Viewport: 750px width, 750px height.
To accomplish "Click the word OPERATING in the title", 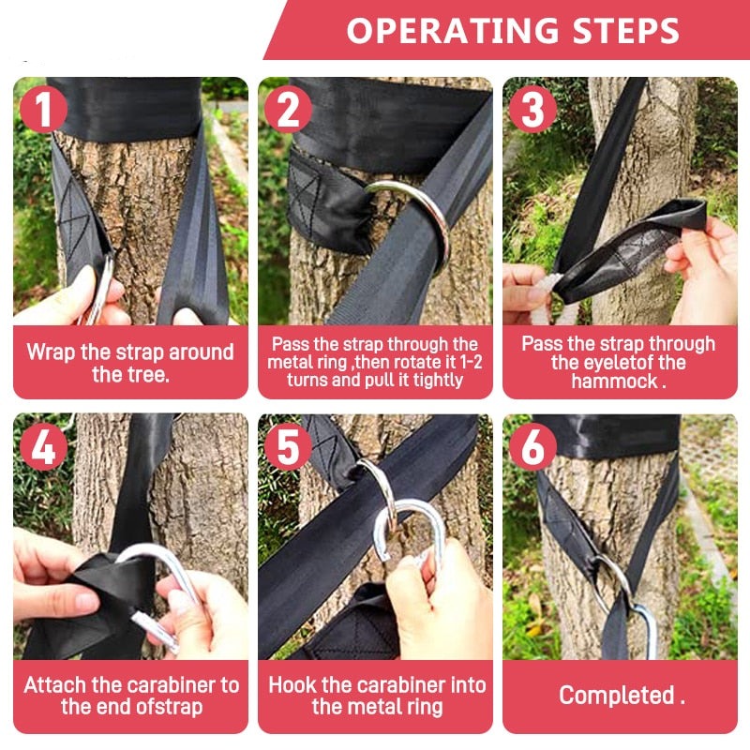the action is coord(453,31).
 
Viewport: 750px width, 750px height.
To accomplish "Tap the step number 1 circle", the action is coord(43,110).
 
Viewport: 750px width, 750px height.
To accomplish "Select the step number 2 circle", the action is coord(288,110).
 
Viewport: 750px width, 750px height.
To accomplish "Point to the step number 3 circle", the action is coord(532,110).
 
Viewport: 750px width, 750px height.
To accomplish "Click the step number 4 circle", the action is coord(43,447).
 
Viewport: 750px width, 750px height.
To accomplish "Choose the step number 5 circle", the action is coord(288,447).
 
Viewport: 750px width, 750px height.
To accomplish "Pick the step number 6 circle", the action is coord(532,447).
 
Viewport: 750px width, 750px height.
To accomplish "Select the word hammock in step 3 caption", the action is coord(615,382).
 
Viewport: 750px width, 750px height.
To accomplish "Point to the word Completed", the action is coord(616,695).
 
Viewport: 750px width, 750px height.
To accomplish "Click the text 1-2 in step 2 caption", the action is coord(471,362).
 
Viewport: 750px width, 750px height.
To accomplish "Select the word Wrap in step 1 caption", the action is coord(52,352).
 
